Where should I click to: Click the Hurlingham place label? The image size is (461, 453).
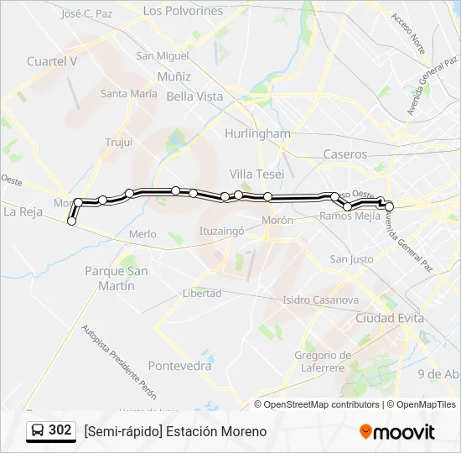[x=257, y=133]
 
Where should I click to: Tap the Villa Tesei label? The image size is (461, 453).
[x=256, y=174]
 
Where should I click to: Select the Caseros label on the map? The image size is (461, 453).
[x=345, y=154]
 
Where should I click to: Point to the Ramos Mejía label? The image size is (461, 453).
[x=350, y=216]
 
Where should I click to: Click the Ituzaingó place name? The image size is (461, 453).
[x=220, y=229]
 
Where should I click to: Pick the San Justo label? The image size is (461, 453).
[x=351, y=259]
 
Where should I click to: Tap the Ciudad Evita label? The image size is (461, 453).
[x=389, y=319]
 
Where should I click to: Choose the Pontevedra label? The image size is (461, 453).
[x=179, y=366]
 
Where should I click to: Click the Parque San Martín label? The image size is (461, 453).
[x=117, y=278]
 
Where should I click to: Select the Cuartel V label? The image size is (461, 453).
[x=52, y=61]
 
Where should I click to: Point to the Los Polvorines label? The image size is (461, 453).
[x=183, y=11]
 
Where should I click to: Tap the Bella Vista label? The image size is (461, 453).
[x=194, y=96]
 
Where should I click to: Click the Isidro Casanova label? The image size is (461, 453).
[x=320, y=299]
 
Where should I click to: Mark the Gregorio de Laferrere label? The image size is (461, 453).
[x=323, y=361]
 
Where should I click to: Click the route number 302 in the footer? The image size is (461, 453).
[x=60, y=430]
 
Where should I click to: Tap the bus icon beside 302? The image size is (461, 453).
[x=38, y=431]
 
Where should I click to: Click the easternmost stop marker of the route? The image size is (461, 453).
[x=389, y=206]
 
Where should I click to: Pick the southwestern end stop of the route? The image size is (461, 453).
[x=71, y=221]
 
